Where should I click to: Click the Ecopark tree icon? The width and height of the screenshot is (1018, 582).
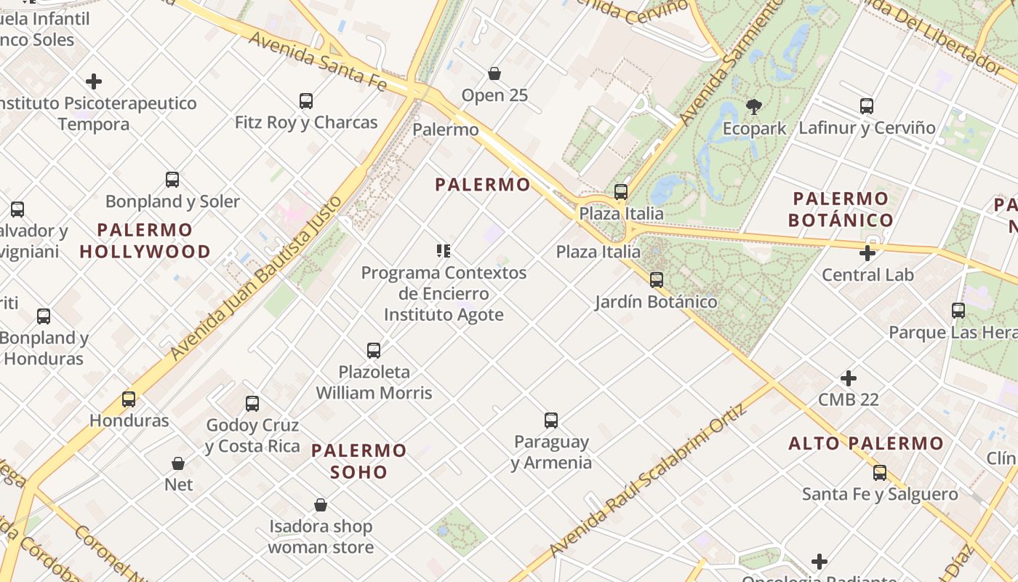pos(754,107)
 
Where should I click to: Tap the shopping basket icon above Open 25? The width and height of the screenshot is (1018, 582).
pos(494,73)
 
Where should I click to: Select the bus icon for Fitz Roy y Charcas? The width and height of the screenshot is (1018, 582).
pos(306,100)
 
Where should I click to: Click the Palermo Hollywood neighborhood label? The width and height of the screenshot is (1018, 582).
pos(145,241)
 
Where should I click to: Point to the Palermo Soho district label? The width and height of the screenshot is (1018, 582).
pos(358,461)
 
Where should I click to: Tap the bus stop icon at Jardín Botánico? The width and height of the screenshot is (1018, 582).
pos(657,279)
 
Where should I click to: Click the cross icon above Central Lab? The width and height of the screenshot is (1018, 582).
pos(867,253)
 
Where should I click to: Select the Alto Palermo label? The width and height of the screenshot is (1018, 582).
pos(866,443)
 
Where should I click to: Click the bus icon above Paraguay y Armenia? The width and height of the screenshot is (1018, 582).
pos(551,420)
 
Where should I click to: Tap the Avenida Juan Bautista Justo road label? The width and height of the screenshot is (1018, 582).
pos(256,278)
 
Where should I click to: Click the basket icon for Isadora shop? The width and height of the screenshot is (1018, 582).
pos(321,504)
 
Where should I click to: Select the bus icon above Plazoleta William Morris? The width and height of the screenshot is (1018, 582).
pos(374,350)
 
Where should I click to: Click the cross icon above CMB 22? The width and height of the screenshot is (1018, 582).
pos(848,378)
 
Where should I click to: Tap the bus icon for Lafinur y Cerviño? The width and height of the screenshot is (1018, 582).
pos(867,105)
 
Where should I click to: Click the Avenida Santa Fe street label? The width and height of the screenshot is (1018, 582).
pos(317,60)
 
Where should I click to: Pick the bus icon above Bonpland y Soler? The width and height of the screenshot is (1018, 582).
pos(172,179)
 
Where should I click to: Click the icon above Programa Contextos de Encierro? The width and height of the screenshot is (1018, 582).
pos(444,251)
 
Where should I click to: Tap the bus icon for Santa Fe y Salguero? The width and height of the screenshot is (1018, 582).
pos(880,473)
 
